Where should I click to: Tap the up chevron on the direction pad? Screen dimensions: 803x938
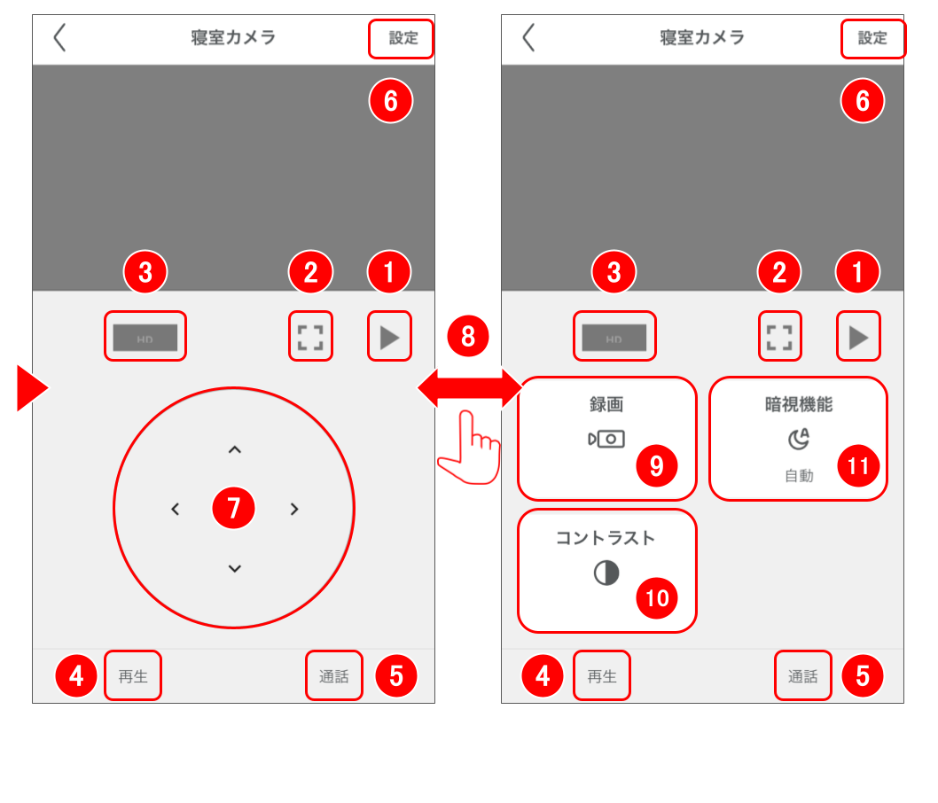click(234, 450)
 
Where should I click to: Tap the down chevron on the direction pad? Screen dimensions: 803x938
click(234, 568)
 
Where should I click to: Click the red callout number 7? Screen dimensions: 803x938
click(234, 508)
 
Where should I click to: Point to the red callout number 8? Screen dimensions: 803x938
click(469, 336)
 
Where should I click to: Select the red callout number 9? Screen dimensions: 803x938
click(657, 466)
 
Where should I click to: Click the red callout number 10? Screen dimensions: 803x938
click(657, 598)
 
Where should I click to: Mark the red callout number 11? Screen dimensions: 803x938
click(857, 466)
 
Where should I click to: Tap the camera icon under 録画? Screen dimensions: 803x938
click(606, 439)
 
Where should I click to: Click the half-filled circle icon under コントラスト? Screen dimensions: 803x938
click(606, 573)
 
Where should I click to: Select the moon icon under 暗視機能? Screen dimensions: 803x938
click(799, 439)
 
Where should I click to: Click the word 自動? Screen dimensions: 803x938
click(799, 476)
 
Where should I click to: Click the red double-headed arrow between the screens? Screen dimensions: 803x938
click(469, 388)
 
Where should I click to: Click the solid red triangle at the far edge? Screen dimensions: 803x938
click(32, 389)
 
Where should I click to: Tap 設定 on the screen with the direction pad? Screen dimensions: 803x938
click(403, 39)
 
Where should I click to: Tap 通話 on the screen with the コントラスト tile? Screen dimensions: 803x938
click(803, 676)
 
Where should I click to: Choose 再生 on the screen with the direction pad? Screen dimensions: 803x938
click(133, 676)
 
